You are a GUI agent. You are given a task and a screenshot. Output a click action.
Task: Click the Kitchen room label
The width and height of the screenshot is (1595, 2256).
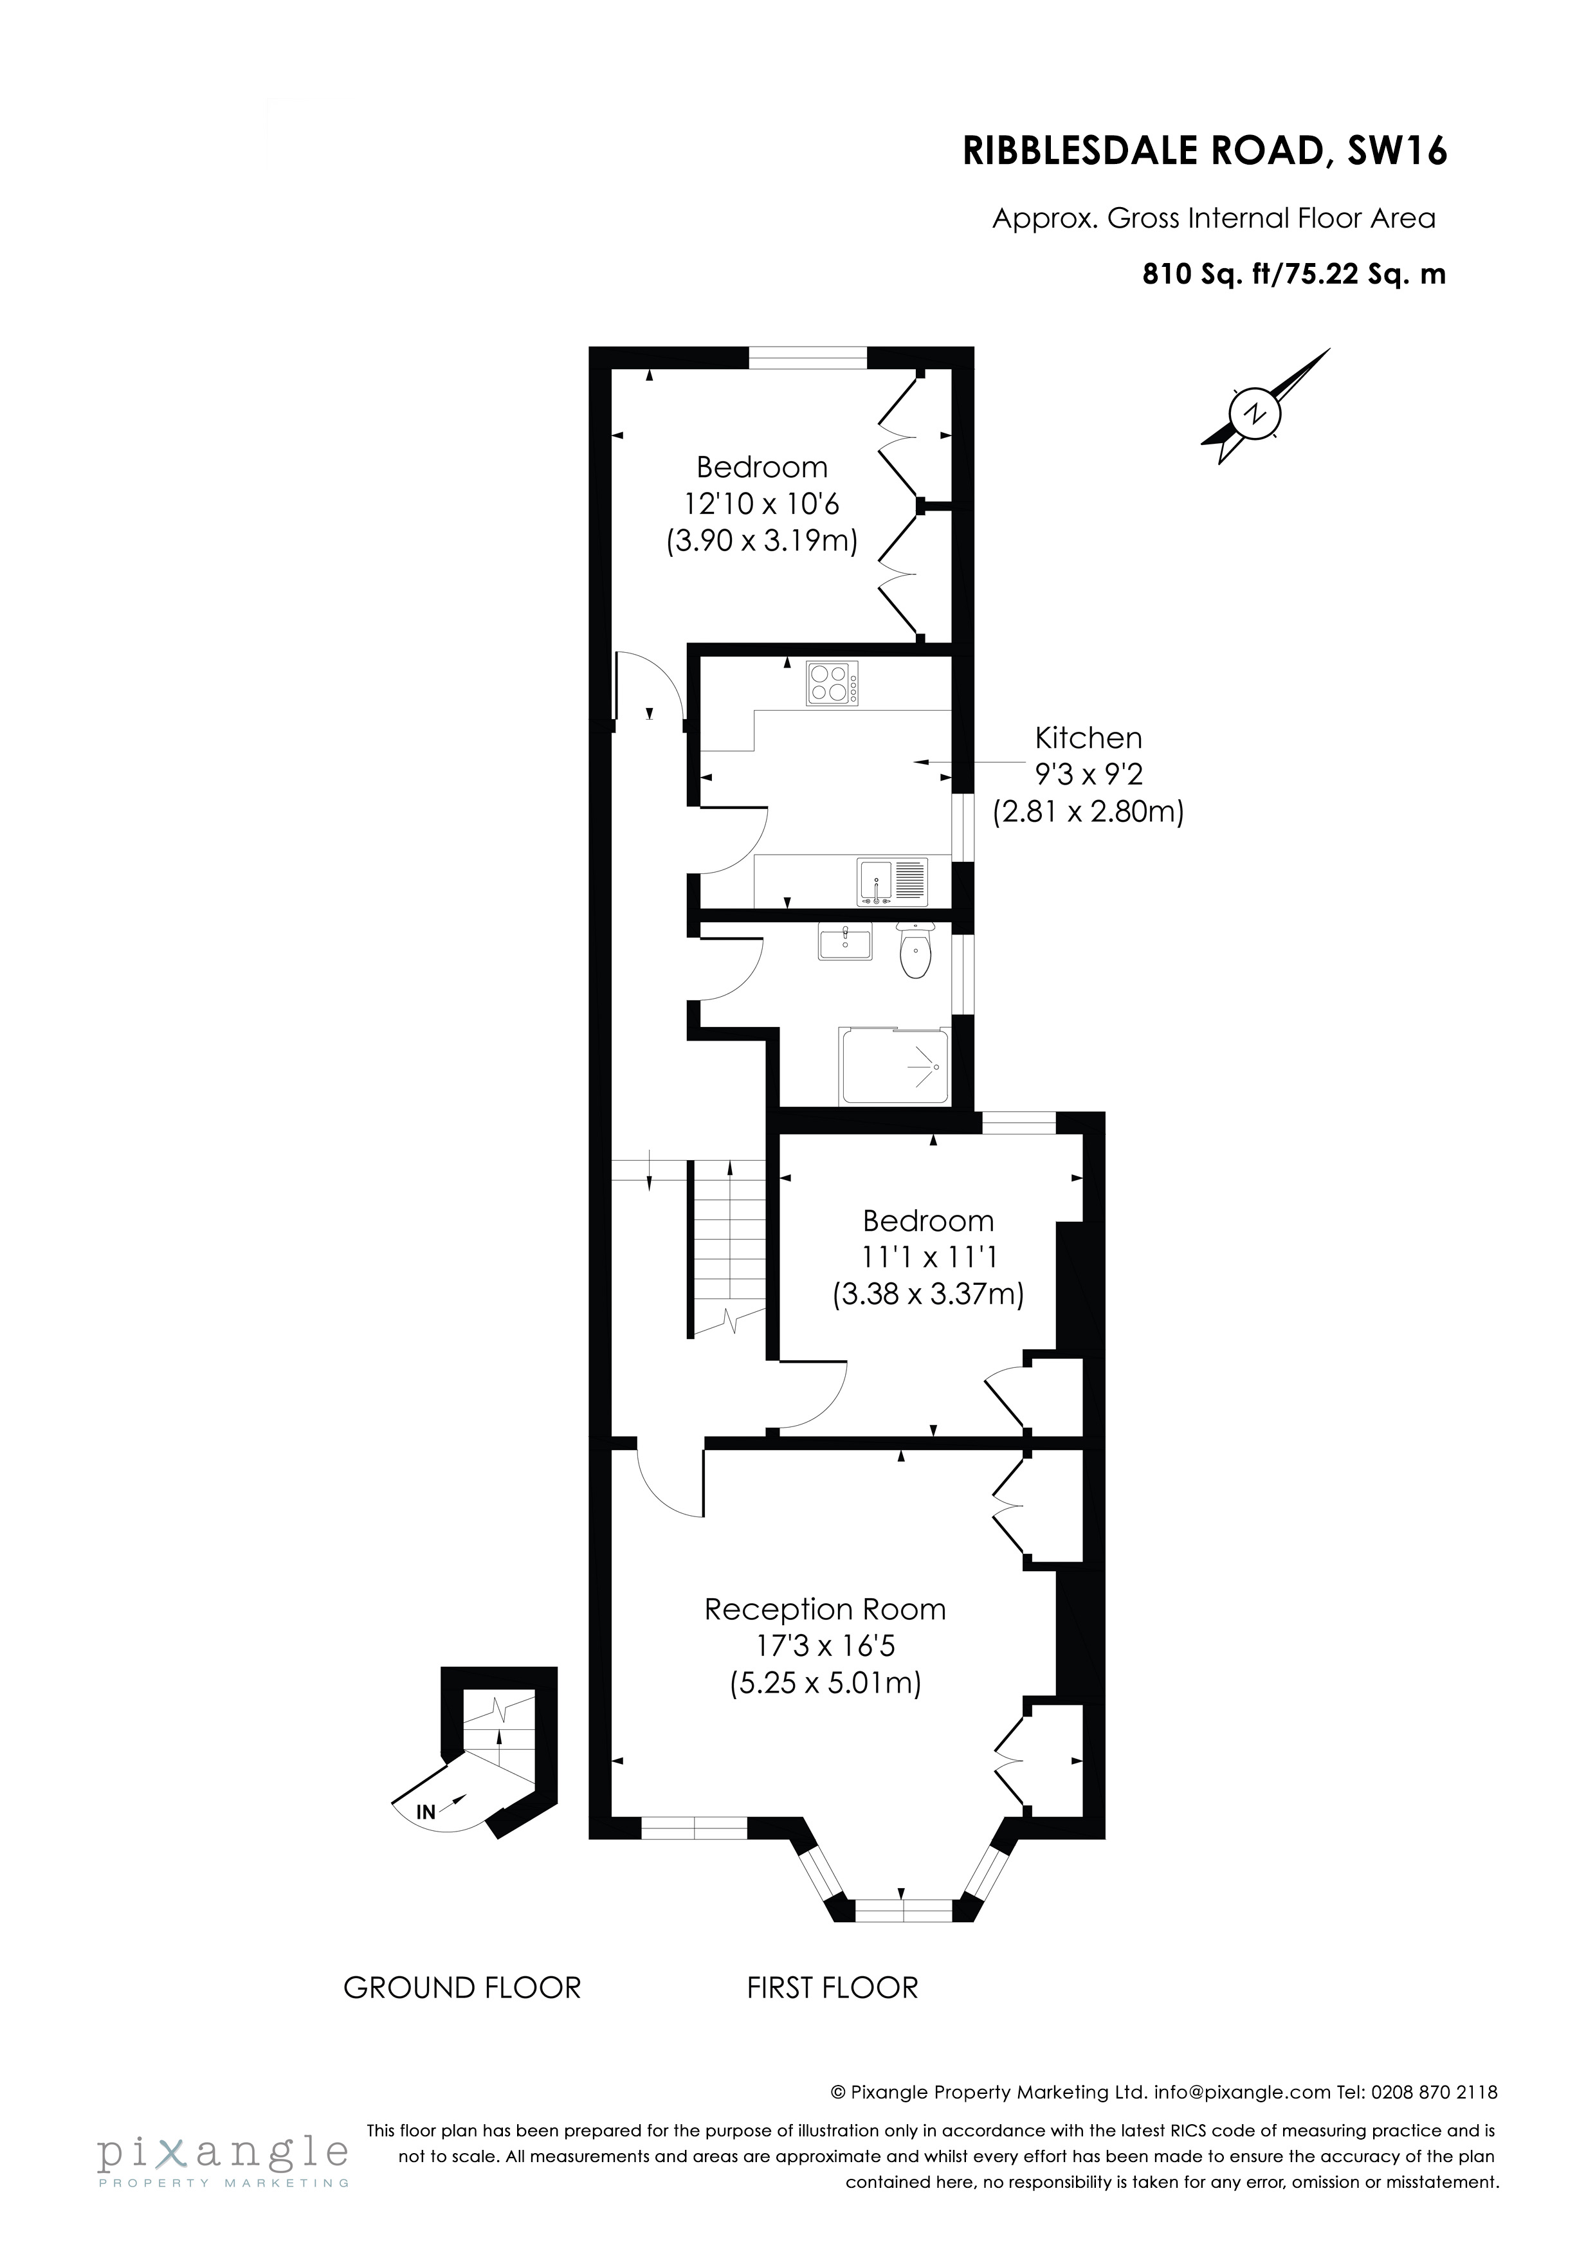pos(1088,738)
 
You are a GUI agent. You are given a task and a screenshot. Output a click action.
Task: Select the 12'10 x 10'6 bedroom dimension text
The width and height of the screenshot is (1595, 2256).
pos(761,504)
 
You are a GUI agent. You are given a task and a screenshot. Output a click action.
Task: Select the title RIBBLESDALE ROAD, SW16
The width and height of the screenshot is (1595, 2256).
pos(1205,151)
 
